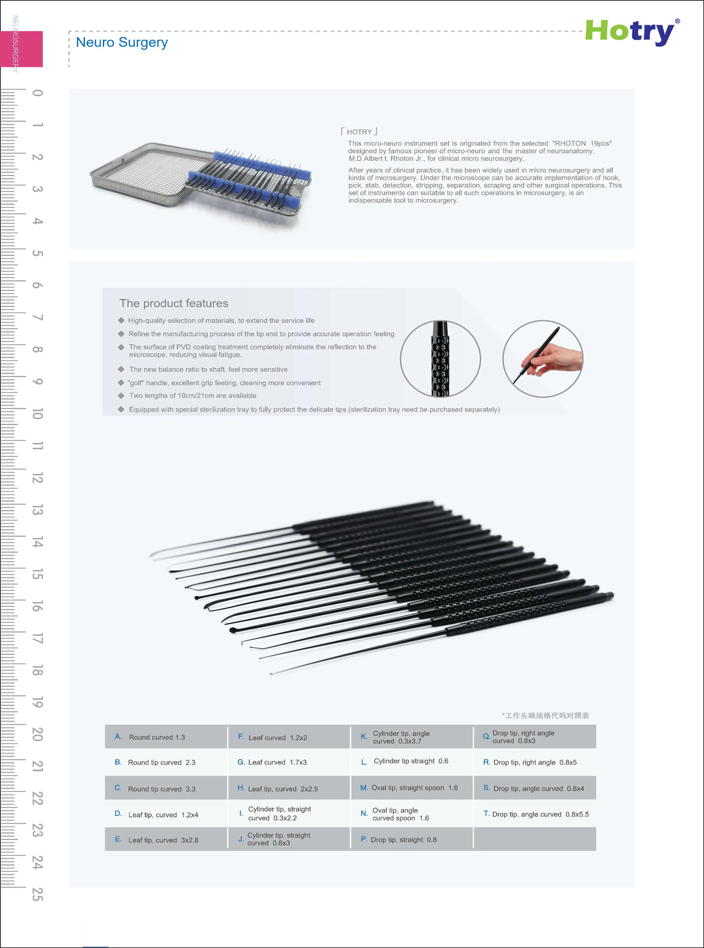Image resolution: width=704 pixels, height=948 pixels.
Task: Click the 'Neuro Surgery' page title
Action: [x=122, y=42]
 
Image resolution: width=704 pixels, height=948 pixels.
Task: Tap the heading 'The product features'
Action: [x=174, y=303]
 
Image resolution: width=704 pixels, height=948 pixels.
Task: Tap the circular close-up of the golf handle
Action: [x=440, y=359]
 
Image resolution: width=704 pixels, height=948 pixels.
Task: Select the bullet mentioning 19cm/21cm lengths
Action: [x=193, y=396]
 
